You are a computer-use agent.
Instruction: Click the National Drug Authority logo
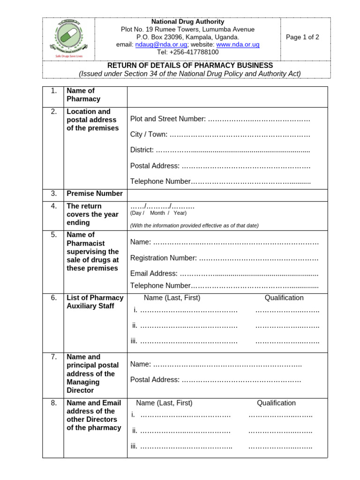pos(68,39)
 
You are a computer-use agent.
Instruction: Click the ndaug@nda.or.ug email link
pos(161,45)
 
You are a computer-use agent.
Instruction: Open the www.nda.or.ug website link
pos(238,45)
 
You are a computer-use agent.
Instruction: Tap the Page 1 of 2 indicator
pos(302,37)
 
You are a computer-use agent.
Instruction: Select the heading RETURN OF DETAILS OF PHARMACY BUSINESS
pos(190,66)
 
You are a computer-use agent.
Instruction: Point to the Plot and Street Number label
pos(168,119)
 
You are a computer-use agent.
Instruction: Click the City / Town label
pos(149,135)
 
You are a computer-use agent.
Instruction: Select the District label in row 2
pos(142,150)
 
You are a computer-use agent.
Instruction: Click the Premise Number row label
pos(95,194)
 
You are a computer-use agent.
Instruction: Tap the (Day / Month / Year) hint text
pos(158,213)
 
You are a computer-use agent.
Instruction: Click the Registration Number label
pos(163,258)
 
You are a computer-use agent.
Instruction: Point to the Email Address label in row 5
pos(154,273)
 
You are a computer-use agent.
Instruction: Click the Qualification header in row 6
pos(284,298)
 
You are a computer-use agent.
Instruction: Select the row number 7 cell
pos(53,357)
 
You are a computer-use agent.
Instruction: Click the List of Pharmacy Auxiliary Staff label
pos(95,302)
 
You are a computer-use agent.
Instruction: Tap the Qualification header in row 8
pos(276,403)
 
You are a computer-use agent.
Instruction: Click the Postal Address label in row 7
pos(155,380)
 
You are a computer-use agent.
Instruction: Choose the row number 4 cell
pos(53,206)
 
